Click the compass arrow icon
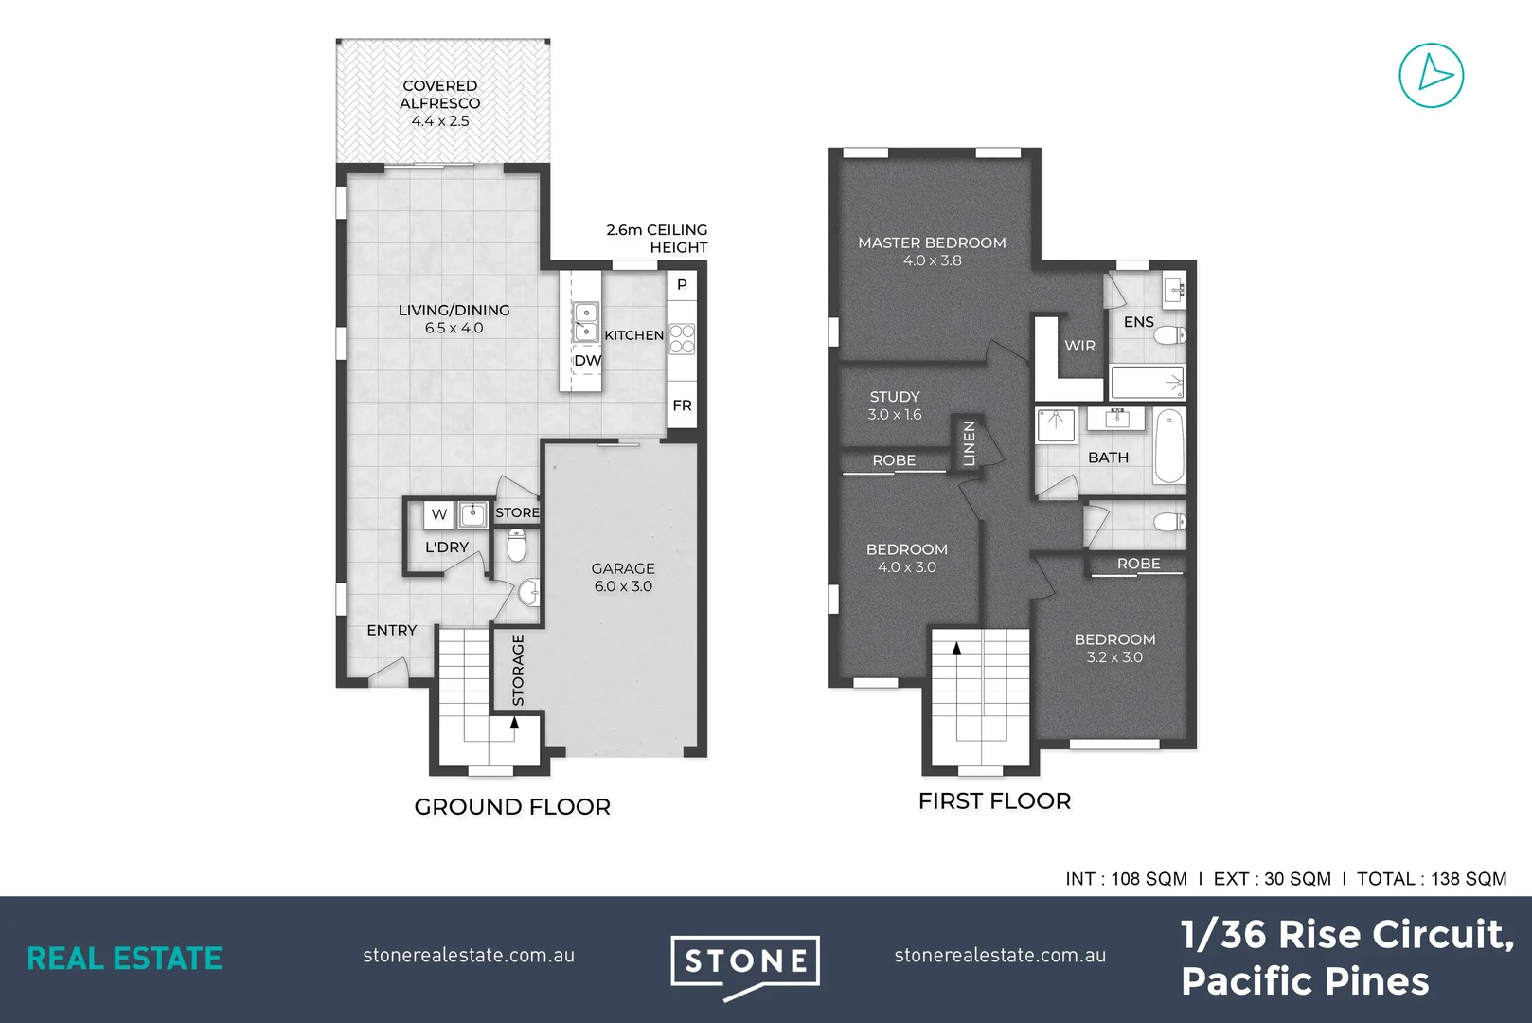coord(1431,75)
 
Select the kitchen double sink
coord(586,321)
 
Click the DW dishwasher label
coord(587,361)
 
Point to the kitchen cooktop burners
coord(682,339)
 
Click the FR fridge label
coord(682,405)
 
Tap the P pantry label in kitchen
coord(682,284)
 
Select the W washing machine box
coord(438,514)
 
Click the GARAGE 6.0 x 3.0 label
coord(623,577)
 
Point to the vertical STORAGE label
coord(518,670)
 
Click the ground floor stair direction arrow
coord(514,723)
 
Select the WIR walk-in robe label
coord(1079,346)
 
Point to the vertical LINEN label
coord(969,443)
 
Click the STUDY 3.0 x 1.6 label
coord(895,404)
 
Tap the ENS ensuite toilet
coord(1171,334)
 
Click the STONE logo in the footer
coord(745,962)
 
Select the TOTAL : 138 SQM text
coord(1431,879)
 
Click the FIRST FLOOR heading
coord(994,801)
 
